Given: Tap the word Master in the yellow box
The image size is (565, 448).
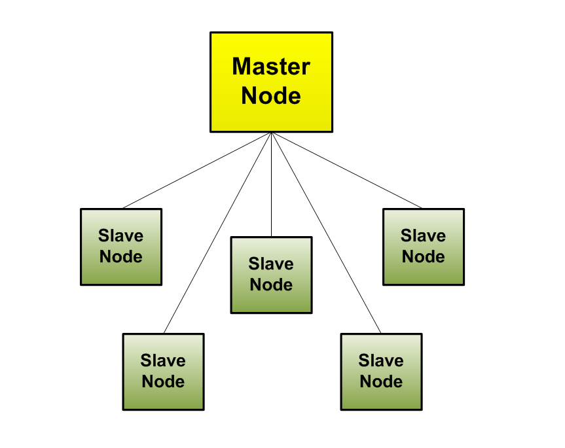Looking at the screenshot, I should [x=271, y=67].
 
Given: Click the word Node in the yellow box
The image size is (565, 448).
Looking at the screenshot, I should [x=271, y=96].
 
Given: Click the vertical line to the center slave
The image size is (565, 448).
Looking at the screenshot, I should [x=271, y=190].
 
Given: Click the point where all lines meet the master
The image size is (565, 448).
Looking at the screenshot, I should [x=271, y=133].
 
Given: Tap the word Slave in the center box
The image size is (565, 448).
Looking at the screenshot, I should [x=271, y=264].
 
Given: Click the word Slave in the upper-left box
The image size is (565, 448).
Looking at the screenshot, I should [x=121, y=235].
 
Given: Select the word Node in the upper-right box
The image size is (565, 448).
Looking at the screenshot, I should [x=424, y=256].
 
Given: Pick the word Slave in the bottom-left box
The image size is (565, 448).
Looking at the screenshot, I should [x=164, y=360].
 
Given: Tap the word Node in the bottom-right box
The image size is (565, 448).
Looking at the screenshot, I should [x=381, y=381].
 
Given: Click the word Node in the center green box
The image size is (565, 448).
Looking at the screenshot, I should [x=271, y=285].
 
